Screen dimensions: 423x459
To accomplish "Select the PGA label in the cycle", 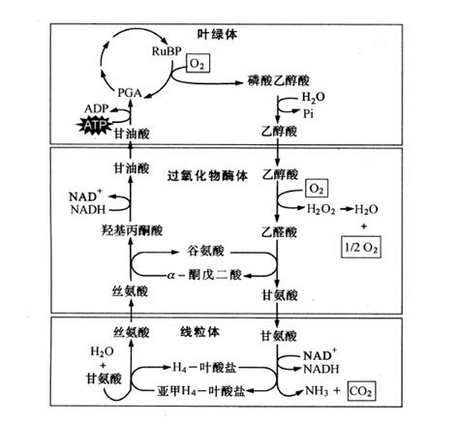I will click(x=130, y=92).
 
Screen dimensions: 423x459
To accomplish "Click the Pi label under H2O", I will click(x=307, y=112).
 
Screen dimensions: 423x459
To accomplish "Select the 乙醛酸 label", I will click(x=278, y=231).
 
